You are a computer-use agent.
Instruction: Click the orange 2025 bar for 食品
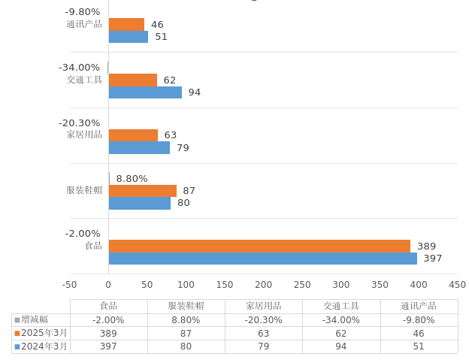click(259, 246)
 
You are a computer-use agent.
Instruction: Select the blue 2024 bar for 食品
click(263, 259)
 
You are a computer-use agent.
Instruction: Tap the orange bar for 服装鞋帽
click(143, 191)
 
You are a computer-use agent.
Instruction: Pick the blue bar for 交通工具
click(145, 92)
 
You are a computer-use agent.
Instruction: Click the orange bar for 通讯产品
click(126, 25)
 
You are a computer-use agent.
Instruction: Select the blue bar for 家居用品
click(139, 148)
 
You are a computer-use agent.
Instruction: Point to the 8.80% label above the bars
click(132, 179)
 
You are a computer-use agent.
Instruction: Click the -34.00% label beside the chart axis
click(79, 68)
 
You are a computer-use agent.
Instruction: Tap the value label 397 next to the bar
click(433, 259)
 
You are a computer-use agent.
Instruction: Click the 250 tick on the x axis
click(302, 285)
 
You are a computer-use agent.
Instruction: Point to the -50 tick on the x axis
click(70, 285)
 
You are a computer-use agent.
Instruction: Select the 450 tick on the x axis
click(457, 285)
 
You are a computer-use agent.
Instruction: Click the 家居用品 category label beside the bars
click(84, 135)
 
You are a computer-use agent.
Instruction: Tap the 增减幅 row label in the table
click(35, 319)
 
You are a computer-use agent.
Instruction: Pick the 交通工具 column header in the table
click(341, 306)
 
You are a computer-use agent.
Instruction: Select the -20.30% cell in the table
click(264, 320)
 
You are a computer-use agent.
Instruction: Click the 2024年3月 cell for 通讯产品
click(419, 346)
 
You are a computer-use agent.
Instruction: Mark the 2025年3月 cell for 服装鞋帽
click(186, 334)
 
